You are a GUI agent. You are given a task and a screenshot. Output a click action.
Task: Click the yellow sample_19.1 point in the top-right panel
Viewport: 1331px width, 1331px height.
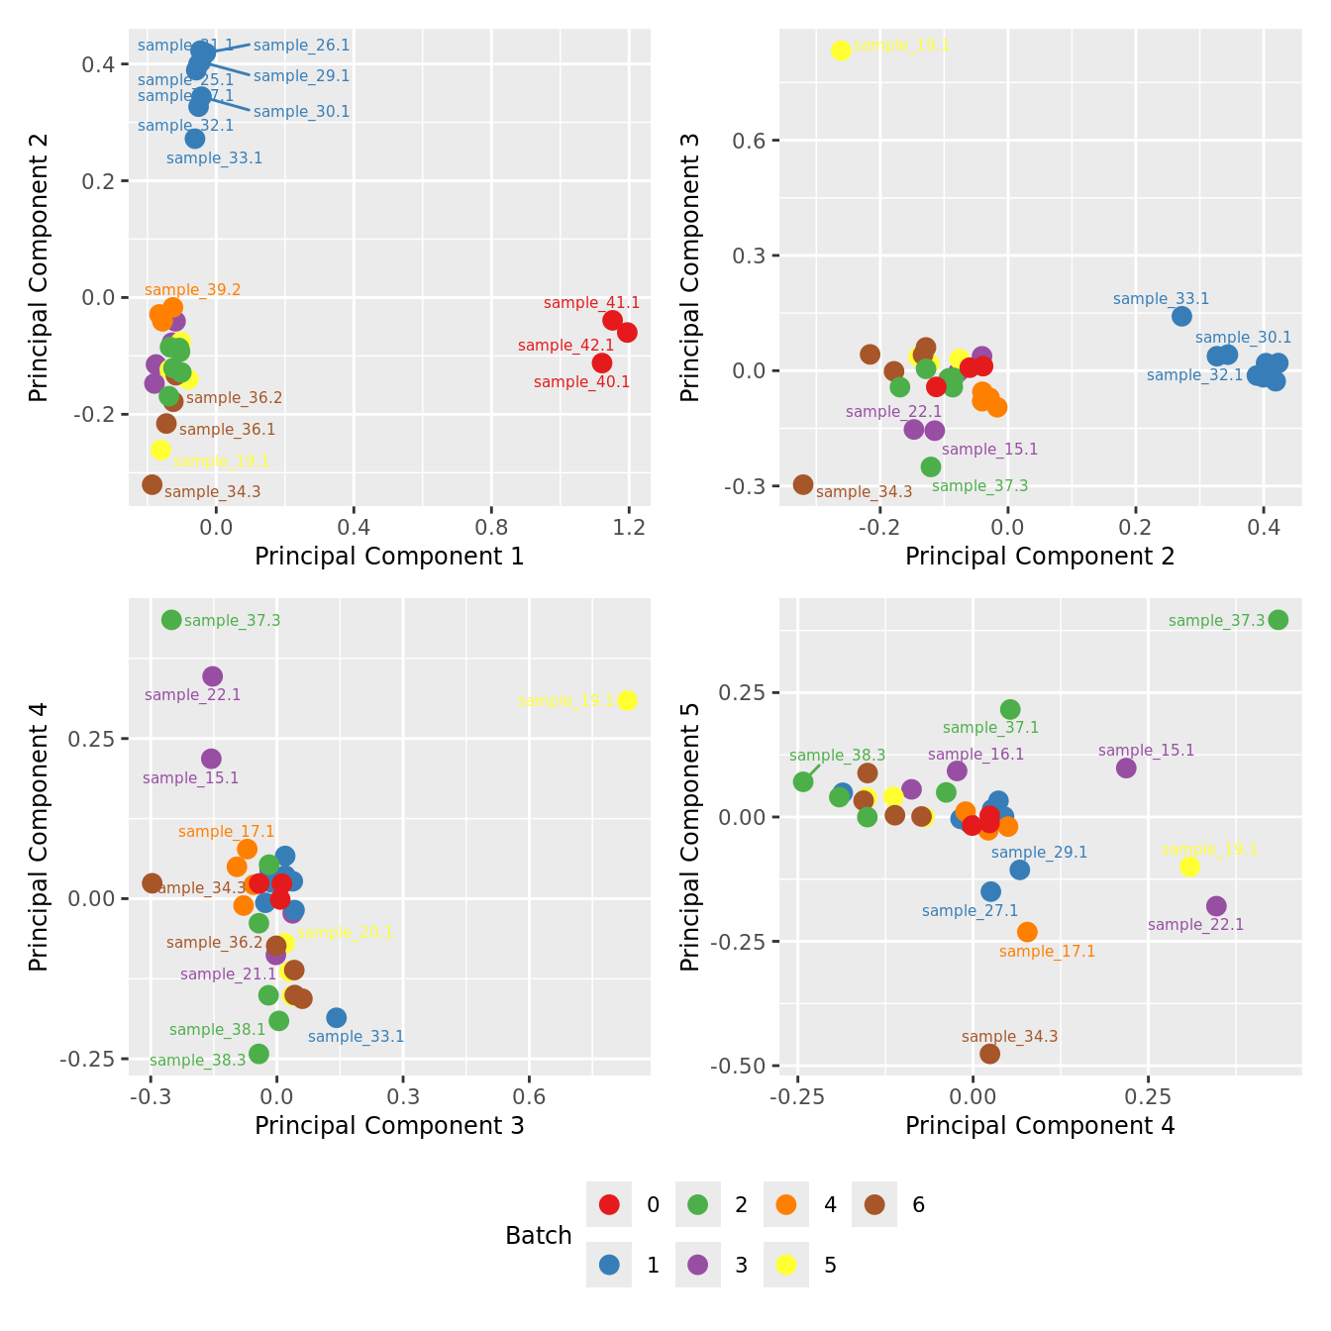click(x=841, y=51)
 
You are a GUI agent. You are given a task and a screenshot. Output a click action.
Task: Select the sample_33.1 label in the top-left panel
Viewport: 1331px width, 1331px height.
click(x=214, y=158)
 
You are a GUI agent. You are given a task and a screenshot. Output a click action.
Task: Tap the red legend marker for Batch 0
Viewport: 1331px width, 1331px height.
click(x=609, y=1204)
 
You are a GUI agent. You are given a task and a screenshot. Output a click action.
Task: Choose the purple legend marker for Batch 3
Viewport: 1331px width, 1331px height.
click(x=697, y=1265)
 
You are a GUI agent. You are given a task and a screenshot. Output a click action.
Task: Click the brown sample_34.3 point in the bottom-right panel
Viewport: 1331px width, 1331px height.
click(x=989, y=1054)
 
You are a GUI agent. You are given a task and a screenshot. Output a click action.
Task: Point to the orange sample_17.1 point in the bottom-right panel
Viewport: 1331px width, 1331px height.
click(x=1027, y=932)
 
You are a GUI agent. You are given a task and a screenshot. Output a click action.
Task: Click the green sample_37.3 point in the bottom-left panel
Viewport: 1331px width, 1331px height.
click(x=171, y=620)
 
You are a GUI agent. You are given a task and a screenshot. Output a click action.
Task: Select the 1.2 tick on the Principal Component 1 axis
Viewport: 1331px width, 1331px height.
click(x=629, y=527)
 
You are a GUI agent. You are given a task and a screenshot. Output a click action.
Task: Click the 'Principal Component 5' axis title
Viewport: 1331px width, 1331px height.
click(x=690, y=837)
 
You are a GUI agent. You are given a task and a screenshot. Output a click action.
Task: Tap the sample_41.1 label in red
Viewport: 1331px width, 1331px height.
click(x=591, y=303)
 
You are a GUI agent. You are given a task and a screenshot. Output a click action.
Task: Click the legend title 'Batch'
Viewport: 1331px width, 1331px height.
click(x=538, y=1236)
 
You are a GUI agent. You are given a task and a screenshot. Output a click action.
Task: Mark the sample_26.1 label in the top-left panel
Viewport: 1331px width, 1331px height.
click(x=301, y=46)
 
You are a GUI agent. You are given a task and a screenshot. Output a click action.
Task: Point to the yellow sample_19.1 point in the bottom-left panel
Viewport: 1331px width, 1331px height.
click(x=626, y=701)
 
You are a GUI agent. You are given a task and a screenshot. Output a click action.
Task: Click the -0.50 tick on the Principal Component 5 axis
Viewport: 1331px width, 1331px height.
click(x=738, y=1066)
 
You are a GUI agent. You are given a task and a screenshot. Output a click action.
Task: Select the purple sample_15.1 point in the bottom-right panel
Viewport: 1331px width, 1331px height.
click(x=1126, y=768)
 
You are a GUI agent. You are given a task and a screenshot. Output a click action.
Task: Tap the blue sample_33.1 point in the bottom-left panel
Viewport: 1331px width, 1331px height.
click(x=337, y=1018)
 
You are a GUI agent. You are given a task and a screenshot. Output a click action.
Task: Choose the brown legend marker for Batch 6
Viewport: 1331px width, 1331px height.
click(x=874, y=1204)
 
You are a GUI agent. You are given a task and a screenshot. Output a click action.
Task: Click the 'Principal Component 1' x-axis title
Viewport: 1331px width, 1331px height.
click(x=389, y=557)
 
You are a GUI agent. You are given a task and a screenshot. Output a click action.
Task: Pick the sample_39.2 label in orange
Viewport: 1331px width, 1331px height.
click(x=192, y=290)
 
